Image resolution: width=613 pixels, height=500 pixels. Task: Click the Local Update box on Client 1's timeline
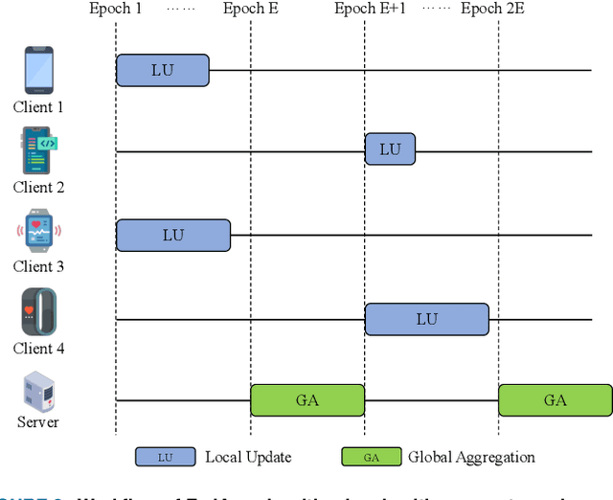(x=163, y=70)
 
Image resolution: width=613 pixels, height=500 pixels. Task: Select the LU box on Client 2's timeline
(x=390, y=149)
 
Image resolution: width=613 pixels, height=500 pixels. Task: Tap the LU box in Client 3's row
(x=173, y=235)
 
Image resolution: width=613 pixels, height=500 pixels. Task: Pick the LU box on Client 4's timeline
(x=426, y=319)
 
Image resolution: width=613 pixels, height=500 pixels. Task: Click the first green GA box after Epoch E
(x=307, y=400)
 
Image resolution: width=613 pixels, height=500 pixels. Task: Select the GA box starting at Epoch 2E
(x=555, y=400)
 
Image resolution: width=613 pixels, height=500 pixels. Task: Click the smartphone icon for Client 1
(x=38, y=70)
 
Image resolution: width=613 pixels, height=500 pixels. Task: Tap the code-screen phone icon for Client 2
(x=38, y=151)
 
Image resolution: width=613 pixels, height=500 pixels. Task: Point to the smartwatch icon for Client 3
(x=38, y=233)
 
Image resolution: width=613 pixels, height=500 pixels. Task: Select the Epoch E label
(x=251, y=9)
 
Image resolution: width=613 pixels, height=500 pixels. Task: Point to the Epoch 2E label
(x=494, y=9)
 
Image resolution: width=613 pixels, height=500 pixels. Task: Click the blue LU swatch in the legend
(x=165, y=458)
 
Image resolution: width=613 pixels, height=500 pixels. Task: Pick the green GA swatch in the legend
(x=371, y=458)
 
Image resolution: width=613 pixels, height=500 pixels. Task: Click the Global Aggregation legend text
(x=471, y=457)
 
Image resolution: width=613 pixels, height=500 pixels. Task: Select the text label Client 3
(x=38, y=267)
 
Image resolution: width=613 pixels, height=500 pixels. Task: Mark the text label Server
(x=38, y=422)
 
